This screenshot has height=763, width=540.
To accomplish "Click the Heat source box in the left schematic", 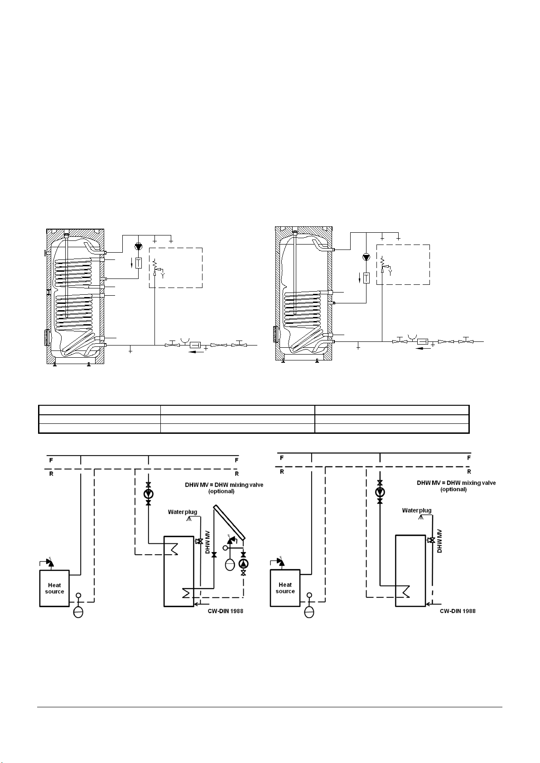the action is (x=54, y=588).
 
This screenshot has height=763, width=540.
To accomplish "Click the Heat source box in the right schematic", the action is (x=285, y=588).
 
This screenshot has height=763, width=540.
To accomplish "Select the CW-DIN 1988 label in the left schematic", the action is (x=226, y=611).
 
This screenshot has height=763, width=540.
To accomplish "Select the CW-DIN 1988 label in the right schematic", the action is (x=458, y=611).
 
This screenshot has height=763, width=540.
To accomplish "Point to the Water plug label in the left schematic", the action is (x=183, y=512).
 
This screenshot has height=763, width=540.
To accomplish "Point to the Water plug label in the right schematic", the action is (x=417, y=510).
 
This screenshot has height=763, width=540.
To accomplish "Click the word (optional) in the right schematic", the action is (x=453, y=489).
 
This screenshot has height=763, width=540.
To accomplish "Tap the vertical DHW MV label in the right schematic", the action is (x=439, y=541).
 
